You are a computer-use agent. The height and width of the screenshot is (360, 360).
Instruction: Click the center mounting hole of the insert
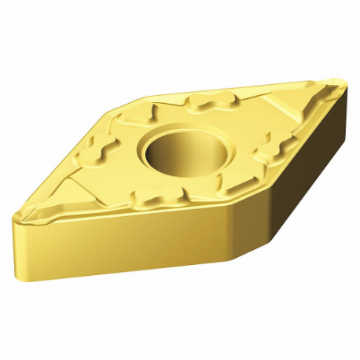pyautogui.click(x=174, y=149)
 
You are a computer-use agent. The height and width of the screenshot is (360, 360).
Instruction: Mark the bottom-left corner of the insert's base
pyautogui.click(x=21, y=275)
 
